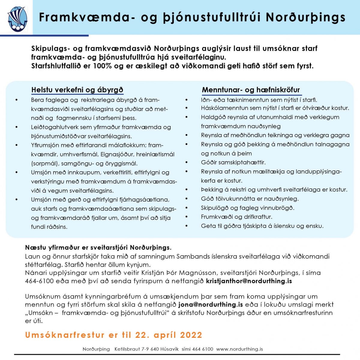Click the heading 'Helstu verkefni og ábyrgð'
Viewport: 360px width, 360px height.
coord(77,90)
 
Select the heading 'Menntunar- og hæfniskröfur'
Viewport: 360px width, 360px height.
coord(251,90)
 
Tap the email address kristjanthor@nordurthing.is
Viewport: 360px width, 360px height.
coord(249,281)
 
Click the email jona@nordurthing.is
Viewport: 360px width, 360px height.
coord(210,304)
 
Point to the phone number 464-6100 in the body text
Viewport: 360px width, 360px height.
coord(39,281)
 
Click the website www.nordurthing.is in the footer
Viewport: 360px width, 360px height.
coord(239,349)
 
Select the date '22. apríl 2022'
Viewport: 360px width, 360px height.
coord(169,335)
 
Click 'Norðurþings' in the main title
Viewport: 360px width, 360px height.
coord(306,17)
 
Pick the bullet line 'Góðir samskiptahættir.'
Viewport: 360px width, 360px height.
coord(233,163)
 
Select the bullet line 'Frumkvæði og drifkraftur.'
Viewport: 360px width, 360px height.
coord(236,217)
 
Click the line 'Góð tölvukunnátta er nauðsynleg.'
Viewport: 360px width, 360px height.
coord(250,199)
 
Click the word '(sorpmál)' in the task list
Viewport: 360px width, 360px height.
coord(43,163)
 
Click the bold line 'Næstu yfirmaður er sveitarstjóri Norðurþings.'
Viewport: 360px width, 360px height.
coord(98,248)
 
